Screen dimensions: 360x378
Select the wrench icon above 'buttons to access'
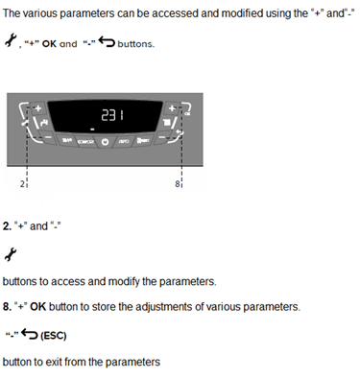pyautogui.click(x=12, y=253)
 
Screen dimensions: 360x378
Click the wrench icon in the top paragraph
pyautogui.click(x=12, y=41)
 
